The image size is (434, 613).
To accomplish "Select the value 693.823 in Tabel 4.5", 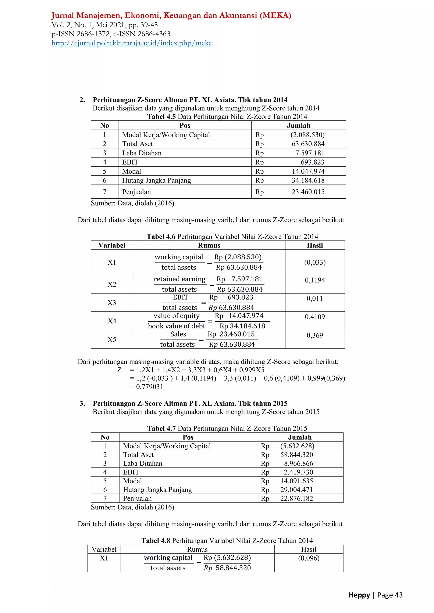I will (x=312, y=162).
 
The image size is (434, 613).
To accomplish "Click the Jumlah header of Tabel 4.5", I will (x=299, y=126).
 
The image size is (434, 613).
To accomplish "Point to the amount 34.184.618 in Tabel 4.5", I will (x=308, y=180).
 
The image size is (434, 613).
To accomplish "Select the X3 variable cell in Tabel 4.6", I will (x=112, y=303).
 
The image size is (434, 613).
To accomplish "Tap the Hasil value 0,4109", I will (x=315, y=317).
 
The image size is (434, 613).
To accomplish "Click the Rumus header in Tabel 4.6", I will (x=209, y=245).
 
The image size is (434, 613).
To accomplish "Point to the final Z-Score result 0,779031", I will (x=150, y=387).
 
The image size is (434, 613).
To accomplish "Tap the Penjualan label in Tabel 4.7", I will (x=137, y=498).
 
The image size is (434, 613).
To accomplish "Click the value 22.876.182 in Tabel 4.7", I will (x=296, y=498).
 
